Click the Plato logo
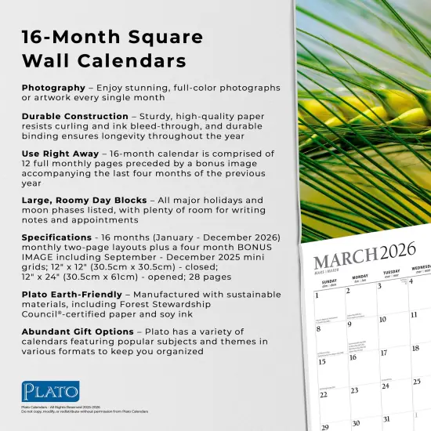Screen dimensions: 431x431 pos(51,390)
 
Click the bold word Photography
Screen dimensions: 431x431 pos(53,87)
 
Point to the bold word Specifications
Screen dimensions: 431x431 pos(57,237)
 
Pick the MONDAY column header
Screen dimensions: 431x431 pos(360,277)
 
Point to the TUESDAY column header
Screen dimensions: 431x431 pos(391,273)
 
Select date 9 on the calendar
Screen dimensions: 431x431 pos(350,323)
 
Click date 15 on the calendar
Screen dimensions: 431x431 pos(321,362)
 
